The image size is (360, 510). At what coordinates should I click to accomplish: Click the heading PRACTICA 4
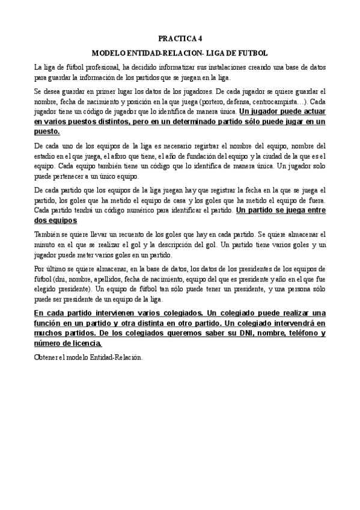[x=180, y=37]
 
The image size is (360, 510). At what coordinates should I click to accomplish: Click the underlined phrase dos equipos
[x=55, y=220]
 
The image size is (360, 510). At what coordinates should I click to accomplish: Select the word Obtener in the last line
[x=46, y=357]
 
